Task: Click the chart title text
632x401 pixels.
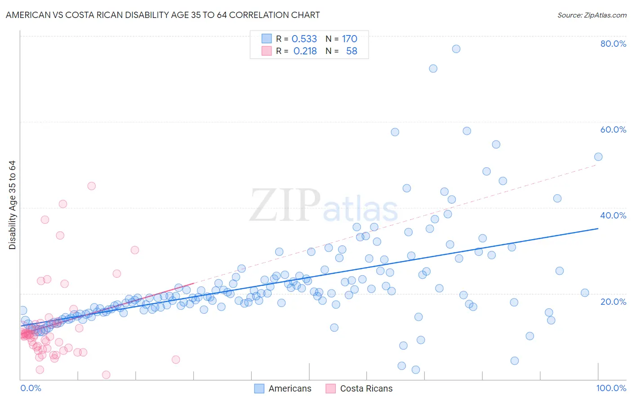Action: (x=163, y=15)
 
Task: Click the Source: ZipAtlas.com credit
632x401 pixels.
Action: (x=592, y=15)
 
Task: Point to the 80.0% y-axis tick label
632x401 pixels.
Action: (x=613, y=44)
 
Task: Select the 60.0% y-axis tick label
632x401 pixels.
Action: (x=613, y=129)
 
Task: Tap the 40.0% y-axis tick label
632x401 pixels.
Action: (x=613, y=215)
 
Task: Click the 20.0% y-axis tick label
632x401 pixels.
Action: (x=613, y=302)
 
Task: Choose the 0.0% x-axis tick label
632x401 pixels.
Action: (x=31, y=388)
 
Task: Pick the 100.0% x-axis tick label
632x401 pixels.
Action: (x=611, y=388)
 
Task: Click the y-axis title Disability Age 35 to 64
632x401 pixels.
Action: (x=12, y=205)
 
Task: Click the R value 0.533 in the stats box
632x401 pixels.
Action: (x=304, y=39)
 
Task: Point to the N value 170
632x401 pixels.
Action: (x=349, y=39)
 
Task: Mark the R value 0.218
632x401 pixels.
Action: (x=305, y=51)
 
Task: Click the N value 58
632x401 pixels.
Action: (x=352, y=51)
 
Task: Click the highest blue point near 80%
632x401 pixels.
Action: (x=456, y=49)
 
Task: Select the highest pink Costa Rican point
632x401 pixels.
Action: (x=91, y=186)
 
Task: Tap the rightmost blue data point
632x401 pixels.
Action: (x=598, y=157)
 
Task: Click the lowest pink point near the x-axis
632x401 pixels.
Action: (x=106, y=375)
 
